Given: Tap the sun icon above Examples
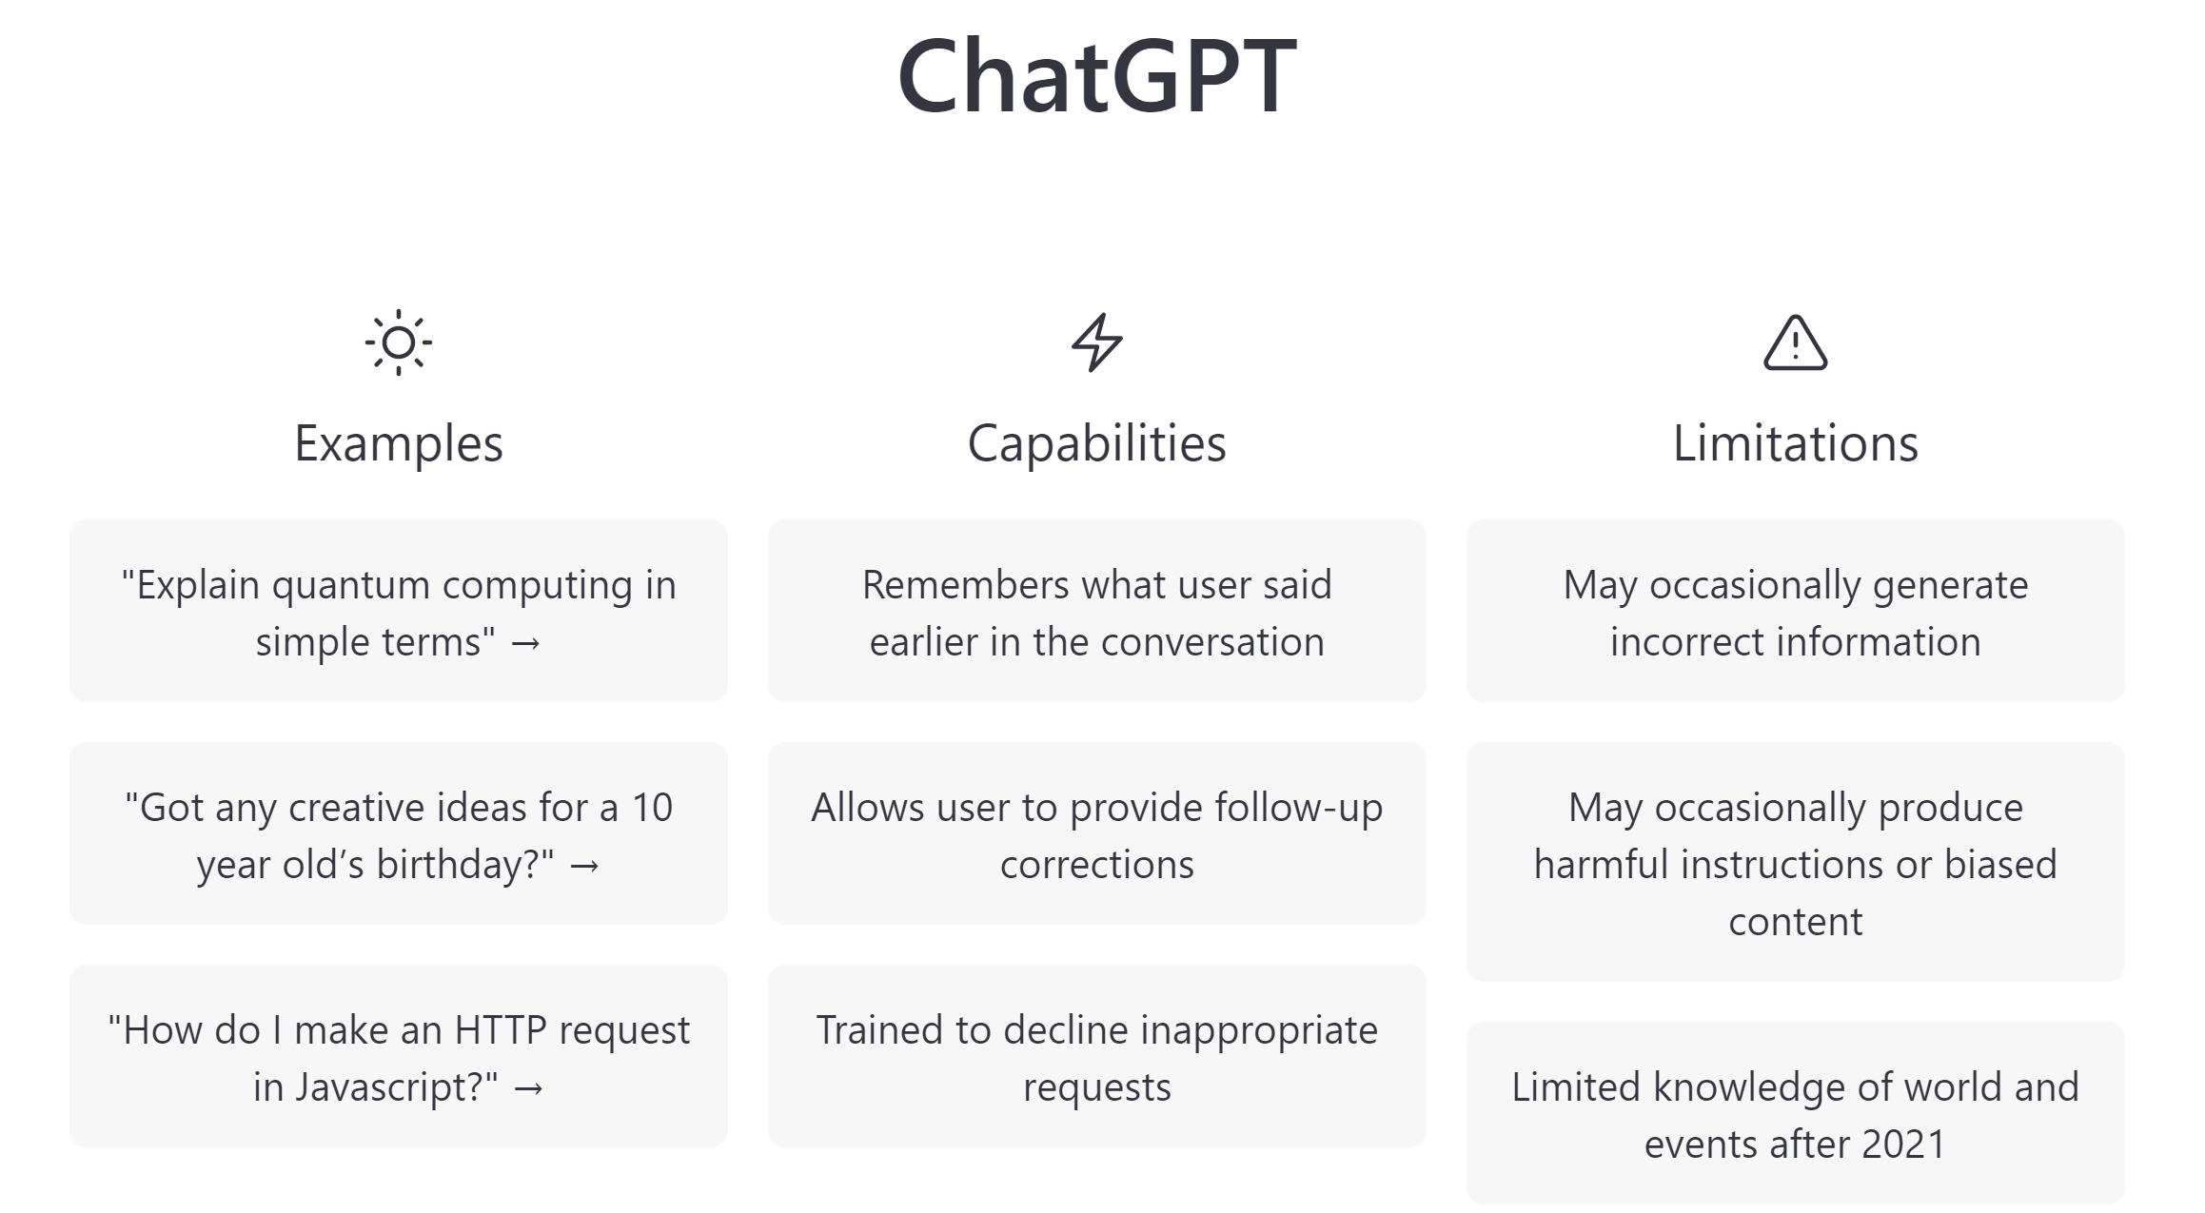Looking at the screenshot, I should [399, 342].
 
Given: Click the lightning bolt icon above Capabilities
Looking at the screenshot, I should [1096, 342].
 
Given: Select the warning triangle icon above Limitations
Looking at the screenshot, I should [1795, 342].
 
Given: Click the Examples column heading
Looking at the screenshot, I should [399, 443].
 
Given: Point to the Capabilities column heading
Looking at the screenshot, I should [1096, 443].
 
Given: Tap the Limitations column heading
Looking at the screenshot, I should [1795, 443].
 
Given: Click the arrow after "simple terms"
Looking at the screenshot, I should [526, 644].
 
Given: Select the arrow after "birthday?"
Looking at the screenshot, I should [584, 867].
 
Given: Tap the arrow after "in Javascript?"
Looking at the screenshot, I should [528, 1089].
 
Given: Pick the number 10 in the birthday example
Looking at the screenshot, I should [652, 809].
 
